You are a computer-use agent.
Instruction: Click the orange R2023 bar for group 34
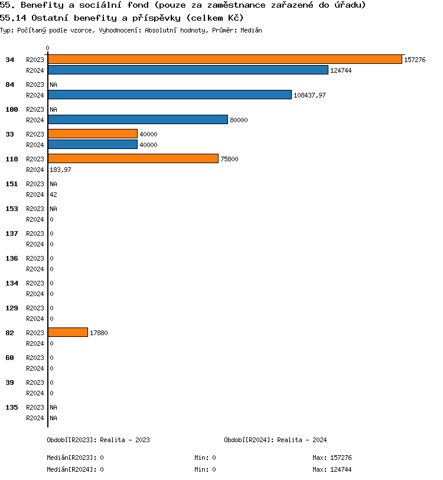click(x=224, y=59)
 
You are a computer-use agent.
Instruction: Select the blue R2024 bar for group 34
click(x=188, y=70)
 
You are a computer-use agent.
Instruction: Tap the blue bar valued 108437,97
click(x=170, y=95)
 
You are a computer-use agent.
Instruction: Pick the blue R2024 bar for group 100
click(x=138, y=119)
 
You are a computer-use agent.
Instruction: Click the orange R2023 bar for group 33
click(x=93, y=134)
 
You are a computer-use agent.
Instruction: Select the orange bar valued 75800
click(x=133, y=158)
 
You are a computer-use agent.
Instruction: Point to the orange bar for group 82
click(x=68, y=332)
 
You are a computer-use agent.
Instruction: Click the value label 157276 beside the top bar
click(x=415, y=60)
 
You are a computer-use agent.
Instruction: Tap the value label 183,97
click(x=60, y=170)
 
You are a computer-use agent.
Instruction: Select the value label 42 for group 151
click(x=53, y=194)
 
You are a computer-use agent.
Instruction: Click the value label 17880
click(x=99, y=333)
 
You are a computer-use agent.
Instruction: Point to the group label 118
click(x=11, y=159)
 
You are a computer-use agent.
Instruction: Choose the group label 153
click(x=11, y=209)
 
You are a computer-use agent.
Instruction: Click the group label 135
click(x=11, y=407)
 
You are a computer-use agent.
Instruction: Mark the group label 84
click(x=10, y=85)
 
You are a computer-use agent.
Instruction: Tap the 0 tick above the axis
click(x=48, y=48)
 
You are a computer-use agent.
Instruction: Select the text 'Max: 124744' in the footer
click(x=332, y=469)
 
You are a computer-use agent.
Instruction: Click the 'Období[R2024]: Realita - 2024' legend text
click(x=275, y=440)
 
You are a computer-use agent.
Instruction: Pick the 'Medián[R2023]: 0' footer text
click(x=75, y=458)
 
